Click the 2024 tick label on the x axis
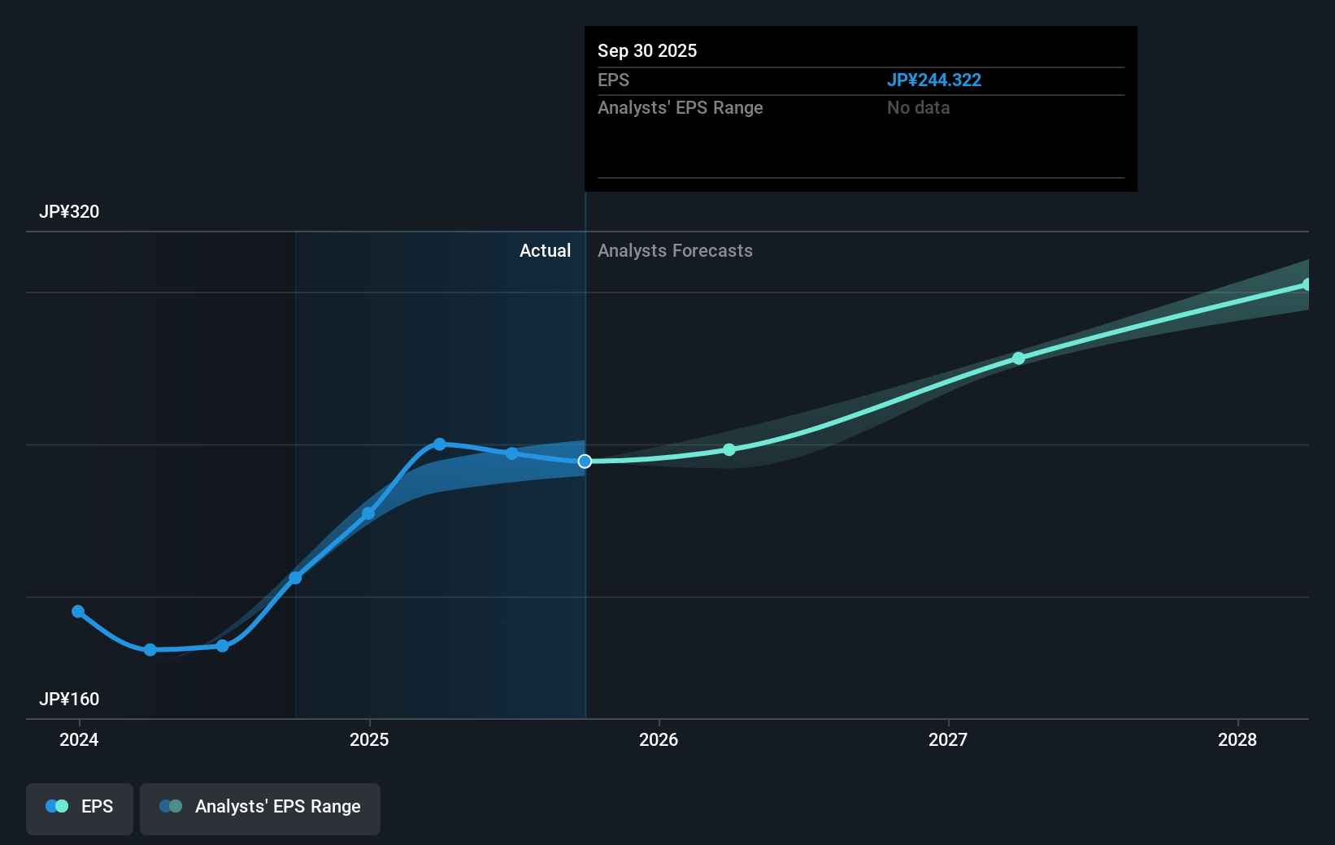pyautogui.click(x=79, y=739)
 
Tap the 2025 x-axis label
pyautogui.click(x=369, y=739)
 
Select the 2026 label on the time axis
pyautogui.click(x=659, y=739)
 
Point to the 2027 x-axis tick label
pyautogui.click(x=948, y=739)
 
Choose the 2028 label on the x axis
pyautogui.click(x=1237, y=739)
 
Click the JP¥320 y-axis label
pyautogui.click(x=69, y=212)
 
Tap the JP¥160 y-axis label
pyautogui.click(x=69, y=700)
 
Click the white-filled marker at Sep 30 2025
pyautogui.click(x=585, y=461)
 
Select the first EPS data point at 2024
pyautogui.click(x=78, y=612)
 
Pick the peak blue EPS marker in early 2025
pyautogui.click(x=440, y=444)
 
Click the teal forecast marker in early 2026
pyautogui.click(x=729, y=449)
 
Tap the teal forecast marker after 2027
pyautogui.click(x=1019, y=358)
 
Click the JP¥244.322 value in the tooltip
pyautogui.click(x=933, y=80)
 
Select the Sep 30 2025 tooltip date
pyautogui.click(x=647, y=51)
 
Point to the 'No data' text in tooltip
pyautogui.click(x=918, y=108)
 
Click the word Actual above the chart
pyautogui.click(x=545, y=251)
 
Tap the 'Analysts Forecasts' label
pyautogui.click(x=675, y=251)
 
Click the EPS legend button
pyautogui.click(x=80, y=807)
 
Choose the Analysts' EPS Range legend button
pyautogui.click(x=260, y=807)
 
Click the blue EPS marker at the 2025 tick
pyautogui.click(x=368, y=513)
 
